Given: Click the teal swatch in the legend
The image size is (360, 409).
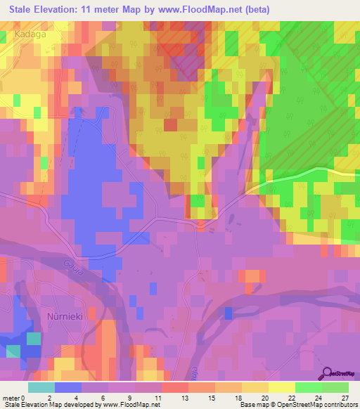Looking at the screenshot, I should [x=41, y=387].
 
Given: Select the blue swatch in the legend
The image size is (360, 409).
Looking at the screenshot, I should [x=68, y=387].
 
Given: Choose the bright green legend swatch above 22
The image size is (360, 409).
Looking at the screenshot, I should [x=309, y=387].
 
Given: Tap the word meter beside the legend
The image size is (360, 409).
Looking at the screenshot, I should [x=11, y=398].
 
